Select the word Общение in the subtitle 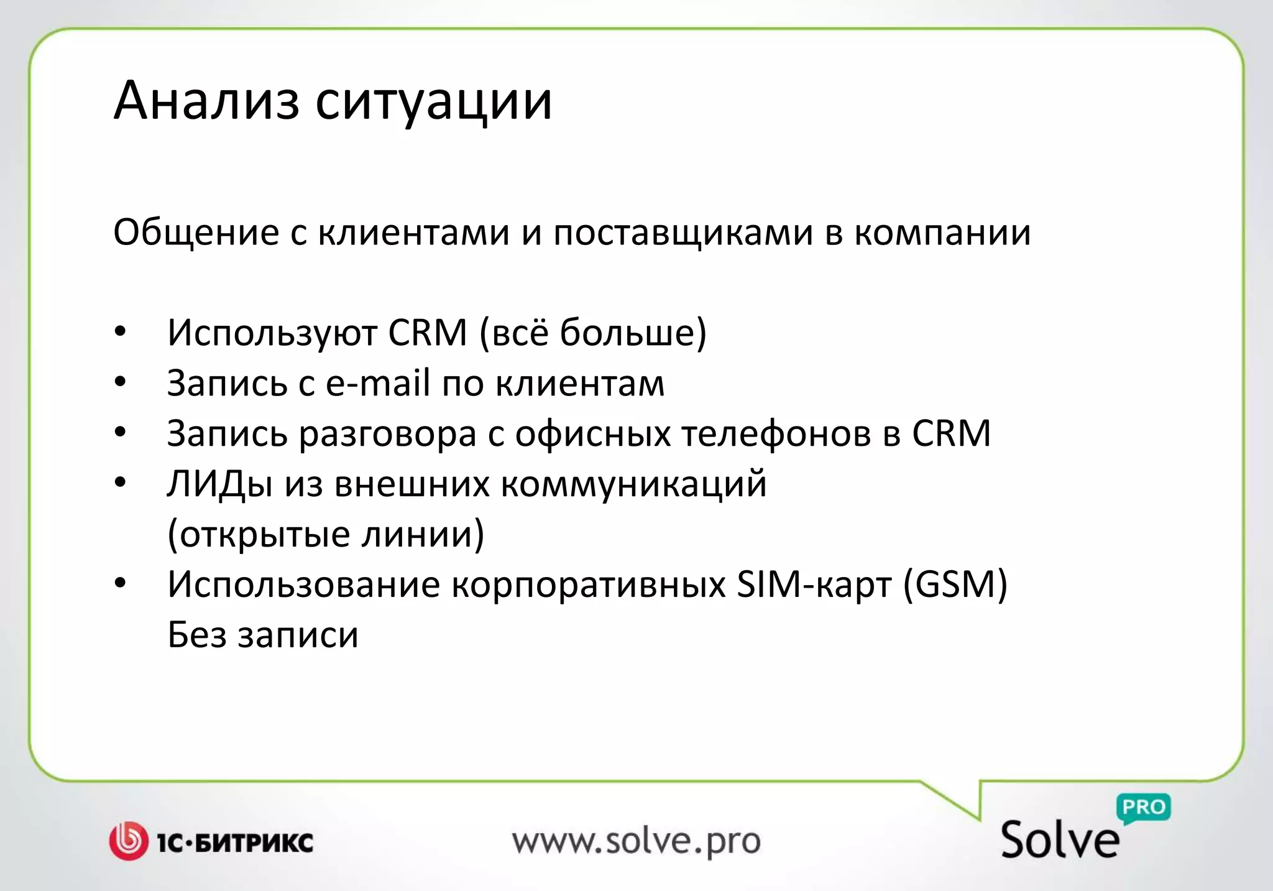196,233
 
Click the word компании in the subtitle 942,233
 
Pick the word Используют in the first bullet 272,333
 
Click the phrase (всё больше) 593,333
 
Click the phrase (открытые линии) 326,535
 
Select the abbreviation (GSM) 955,584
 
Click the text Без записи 263,635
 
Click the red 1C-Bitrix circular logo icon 129,841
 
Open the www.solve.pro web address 636,842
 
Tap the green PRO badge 1144,808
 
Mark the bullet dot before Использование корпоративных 121,583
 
